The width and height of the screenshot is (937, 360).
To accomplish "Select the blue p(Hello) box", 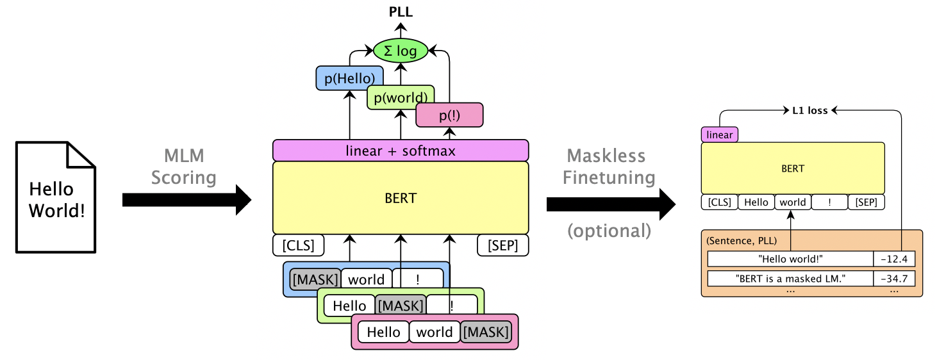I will click(349, 78).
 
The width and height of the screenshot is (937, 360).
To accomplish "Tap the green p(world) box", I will click(401, 97).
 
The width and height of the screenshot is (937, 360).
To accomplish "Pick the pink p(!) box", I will click(449, 115).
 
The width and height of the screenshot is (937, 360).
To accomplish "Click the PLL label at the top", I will click(401, 11).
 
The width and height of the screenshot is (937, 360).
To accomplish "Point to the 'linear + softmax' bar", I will click(401, 151).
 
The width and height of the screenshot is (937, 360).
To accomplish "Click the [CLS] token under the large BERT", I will click(298, 245).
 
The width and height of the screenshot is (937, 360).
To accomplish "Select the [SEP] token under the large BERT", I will click(503, 245).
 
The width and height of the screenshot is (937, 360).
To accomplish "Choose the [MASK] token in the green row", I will click(400, 306).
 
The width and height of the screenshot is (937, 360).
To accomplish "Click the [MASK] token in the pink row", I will click(486, 332).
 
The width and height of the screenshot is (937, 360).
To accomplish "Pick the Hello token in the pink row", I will click(383, 332).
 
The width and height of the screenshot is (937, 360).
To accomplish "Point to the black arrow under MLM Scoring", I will click(186, 199).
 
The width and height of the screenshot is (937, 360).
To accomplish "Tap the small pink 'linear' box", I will click(719, 135).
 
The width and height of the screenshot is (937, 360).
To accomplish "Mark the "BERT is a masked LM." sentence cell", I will click(790, 279).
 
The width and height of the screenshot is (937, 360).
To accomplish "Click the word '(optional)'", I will click(609, 231).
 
